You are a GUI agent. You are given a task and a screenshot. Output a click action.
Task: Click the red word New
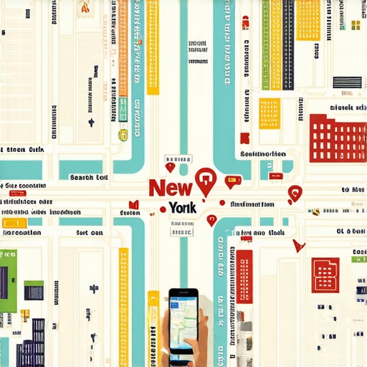(170, 188)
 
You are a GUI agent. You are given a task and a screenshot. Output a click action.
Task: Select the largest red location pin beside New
(205, 181)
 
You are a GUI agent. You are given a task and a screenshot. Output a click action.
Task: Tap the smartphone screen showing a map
(183, 323)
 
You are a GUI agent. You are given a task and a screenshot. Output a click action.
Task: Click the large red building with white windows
(337, 138)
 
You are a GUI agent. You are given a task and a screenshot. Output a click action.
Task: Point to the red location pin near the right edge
(294, 193)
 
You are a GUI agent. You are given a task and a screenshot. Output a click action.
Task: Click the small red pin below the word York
(211, 220)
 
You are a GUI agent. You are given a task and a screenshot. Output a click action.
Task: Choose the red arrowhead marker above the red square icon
(298, 245)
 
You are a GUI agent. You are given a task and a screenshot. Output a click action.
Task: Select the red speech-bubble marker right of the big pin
(232, 181)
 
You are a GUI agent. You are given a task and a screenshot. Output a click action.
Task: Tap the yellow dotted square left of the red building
(270, 113)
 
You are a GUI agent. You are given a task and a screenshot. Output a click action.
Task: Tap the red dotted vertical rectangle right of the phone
(245, 277)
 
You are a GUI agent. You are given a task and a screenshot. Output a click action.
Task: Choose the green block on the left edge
(7, 280)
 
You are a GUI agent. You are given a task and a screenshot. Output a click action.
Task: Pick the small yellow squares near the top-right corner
(355, 25)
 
